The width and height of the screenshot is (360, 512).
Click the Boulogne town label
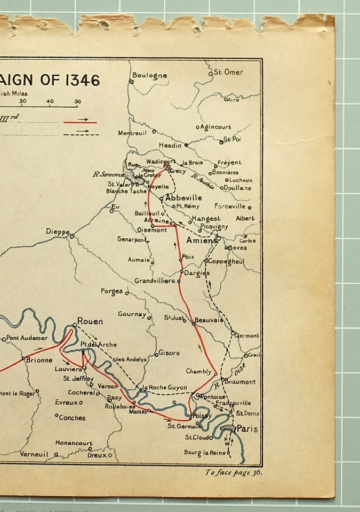pos(149,76)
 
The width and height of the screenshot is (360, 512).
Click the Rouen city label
pos(90,321)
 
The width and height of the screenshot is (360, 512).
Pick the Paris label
pos(247,428)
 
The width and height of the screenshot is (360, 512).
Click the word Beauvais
pos(209,320)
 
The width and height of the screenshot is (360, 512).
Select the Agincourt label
pos(215,127)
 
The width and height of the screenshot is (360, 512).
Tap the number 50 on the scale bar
pos(77,101)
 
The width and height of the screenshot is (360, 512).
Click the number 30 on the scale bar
pos(23,101)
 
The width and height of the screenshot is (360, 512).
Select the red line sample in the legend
pos(80,122)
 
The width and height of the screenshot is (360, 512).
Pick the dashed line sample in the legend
pos(80,134)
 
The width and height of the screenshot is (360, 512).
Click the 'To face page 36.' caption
pos(233,471)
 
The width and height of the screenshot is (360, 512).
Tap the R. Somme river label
pos(108,174)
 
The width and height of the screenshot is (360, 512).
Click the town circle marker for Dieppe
pos(71,236)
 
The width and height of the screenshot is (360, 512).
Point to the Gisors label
pos(170,353)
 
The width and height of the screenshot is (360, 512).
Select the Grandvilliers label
pos(155,281)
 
